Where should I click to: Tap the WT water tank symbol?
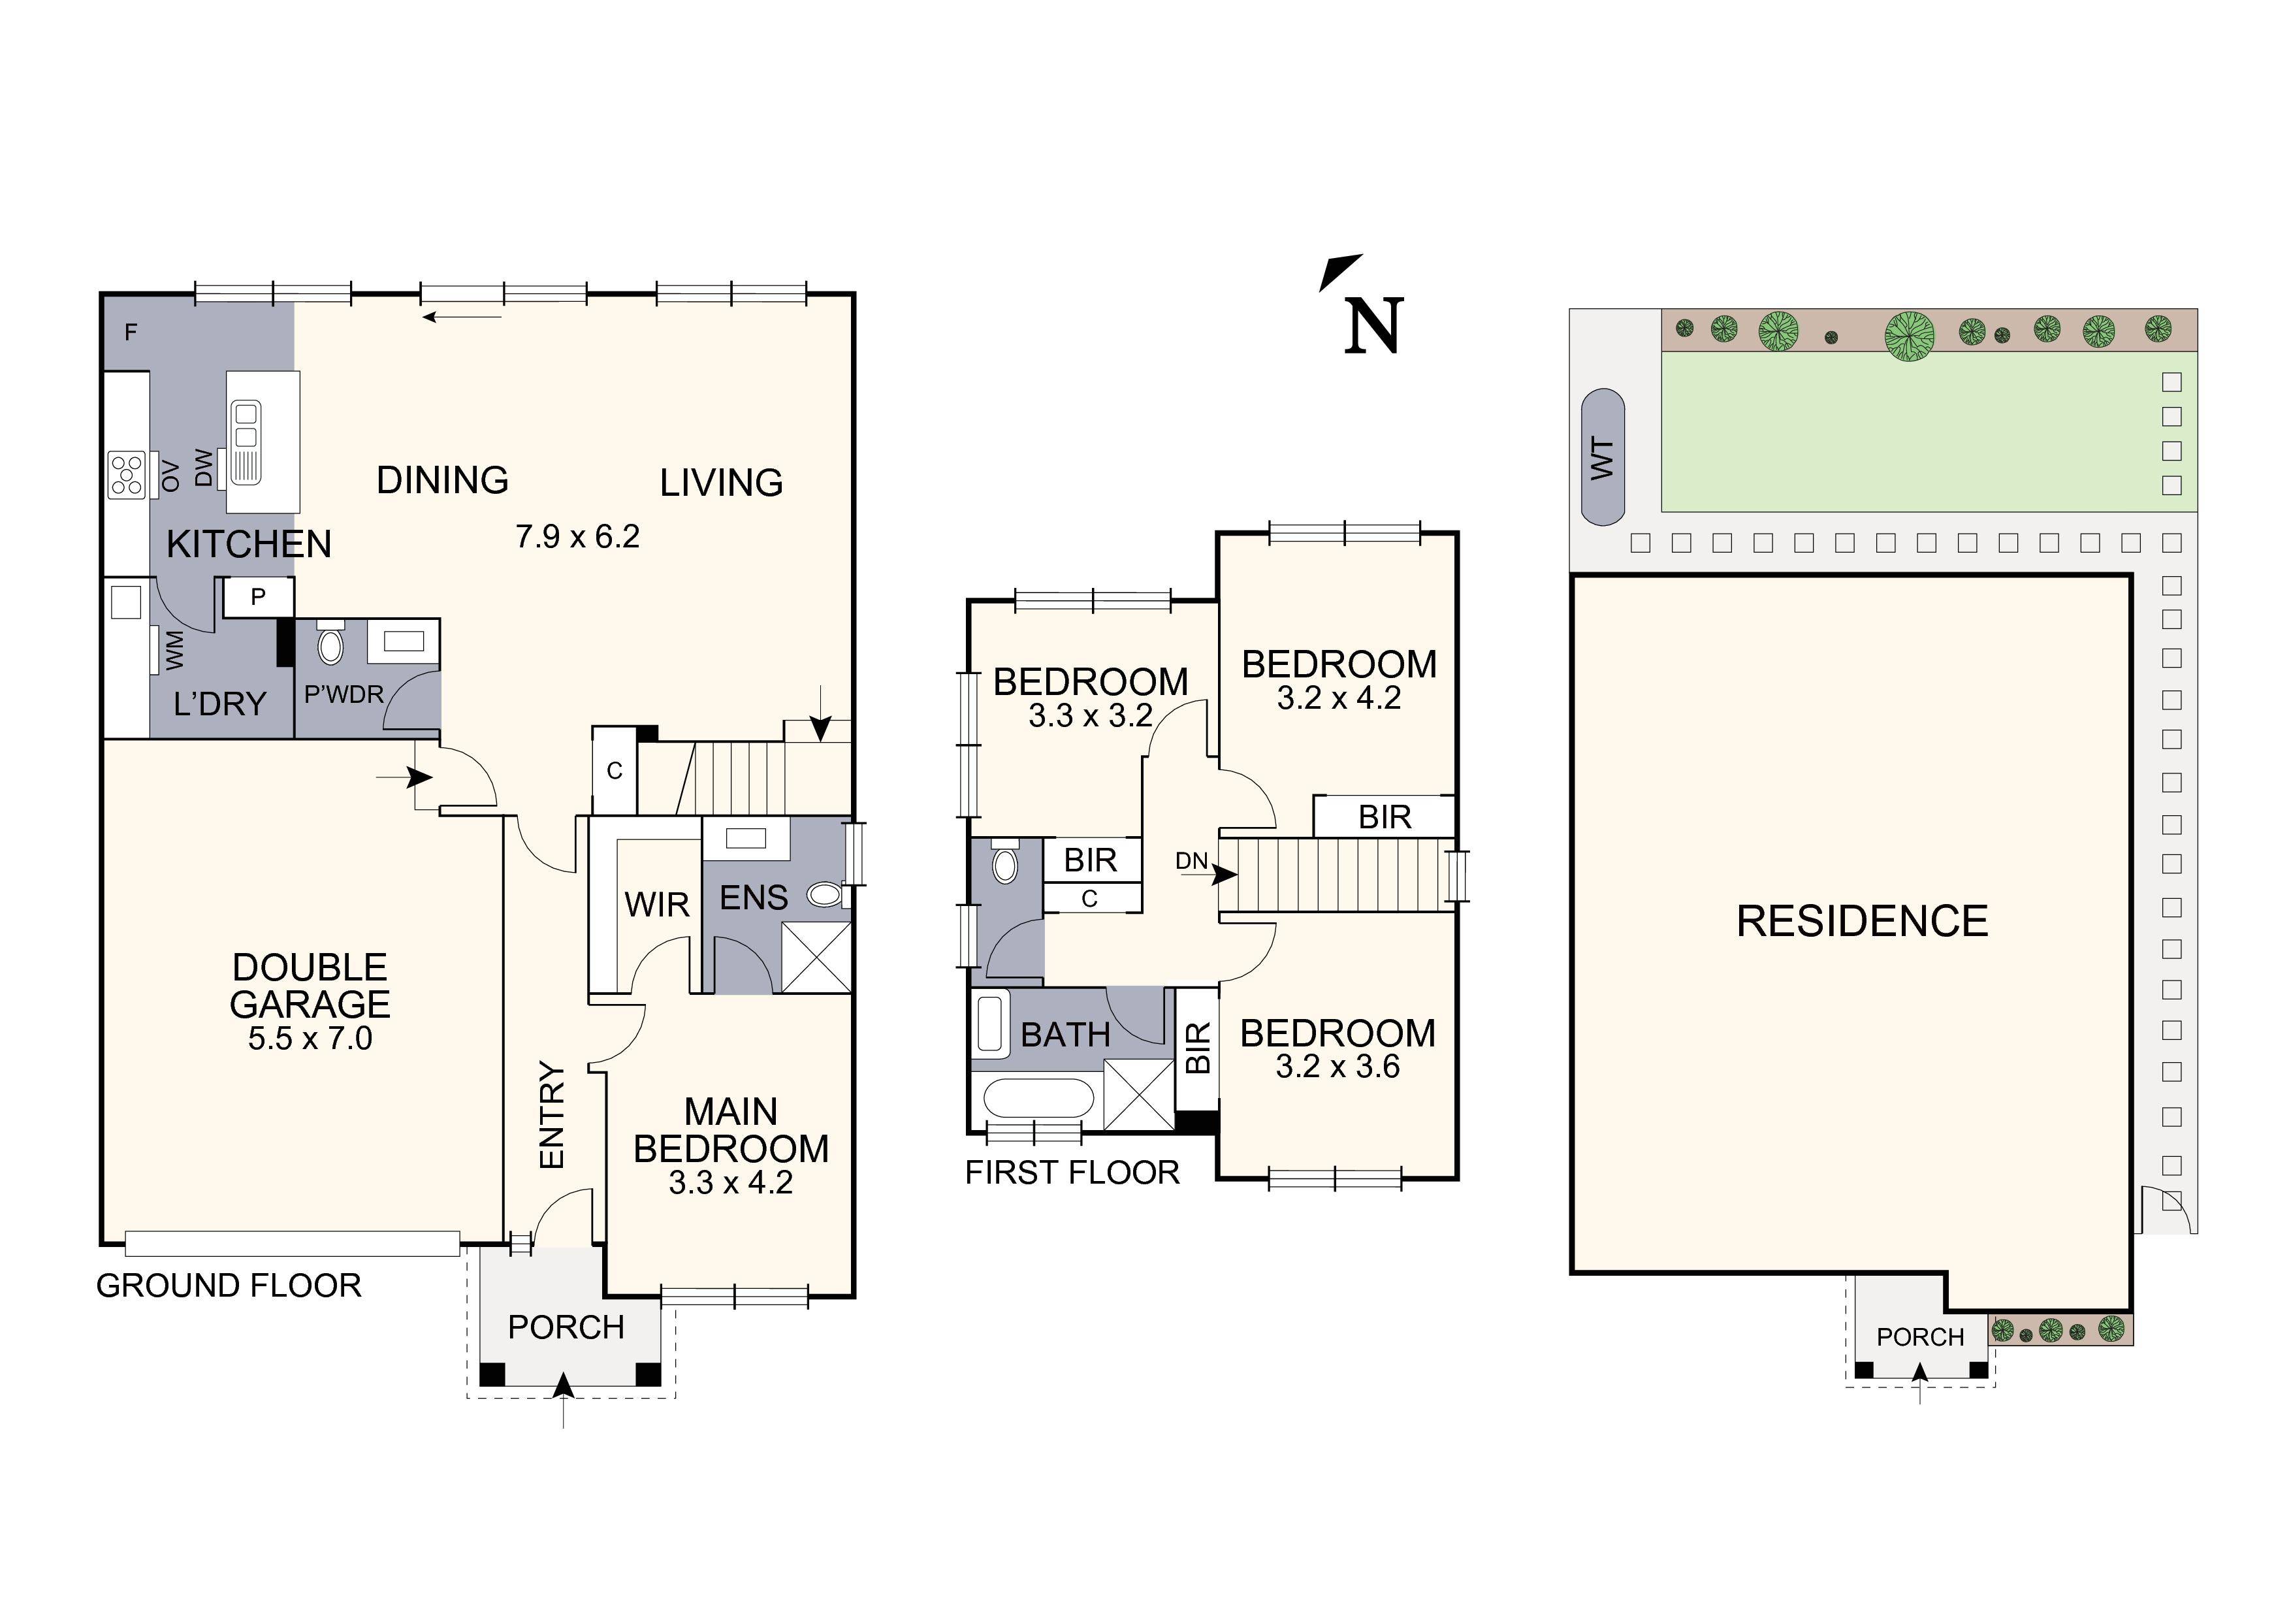[x=1603, y=457]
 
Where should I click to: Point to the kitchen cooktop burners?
[x=127, y=474]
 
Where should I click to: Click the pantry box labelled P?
[x=257, y=597]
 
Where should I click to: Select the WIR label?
[x=656, y=904]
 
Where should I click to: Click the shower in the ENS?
[x=816, y=957]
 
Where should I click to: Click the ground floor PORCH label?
[x=566, y=1327]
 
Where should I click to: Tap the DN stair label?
[x=1191, y=860]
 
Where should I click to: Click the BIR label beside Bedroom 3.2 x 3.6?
[x=1197, y=1047]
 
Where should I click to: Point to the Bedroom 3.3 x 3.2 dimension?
[x=1091, y=716]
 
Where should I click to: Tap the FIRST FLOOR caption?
[x=1072, y=1172]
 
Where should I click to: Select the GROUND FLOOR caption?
[x=229, y=1286]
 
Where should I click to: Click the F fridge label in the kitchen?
[x=130, y=332]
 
